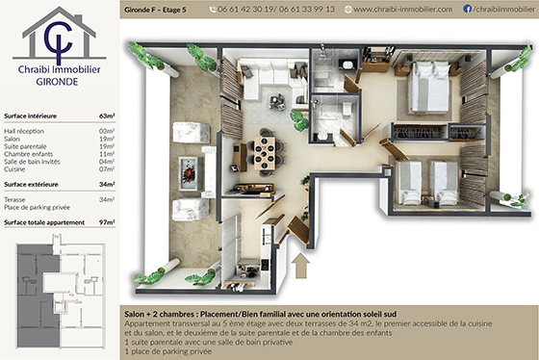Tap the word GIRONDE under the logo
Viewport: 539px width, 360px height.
[x=59, y=83]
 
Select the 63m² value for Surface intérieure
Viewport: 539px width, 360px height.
[x=107, y=114]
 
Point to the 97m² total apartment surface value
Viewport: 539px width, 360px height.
[x=107, y=222]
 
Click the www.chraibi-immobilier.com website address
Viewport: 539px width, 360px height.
[x=402, y=9]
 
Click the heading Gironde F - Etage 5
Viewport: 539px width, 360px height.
[x=161, y=9]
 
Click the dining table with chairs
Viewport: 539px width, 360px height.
[x=264, y=151]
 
